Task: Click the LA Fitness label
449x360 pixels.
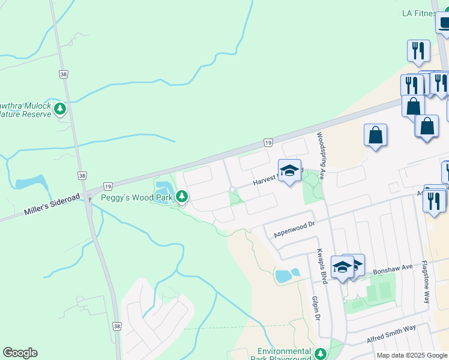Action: pos(419,13)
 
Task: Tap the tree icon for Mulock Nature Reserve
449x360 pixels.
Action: pos(59,109)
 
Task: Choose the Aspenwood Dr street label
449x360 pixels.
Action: pos(294,229)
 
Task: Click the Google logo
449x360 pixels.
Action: pos(20,353)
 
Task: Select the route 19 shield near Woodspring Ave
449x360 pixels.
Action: pos(268,142)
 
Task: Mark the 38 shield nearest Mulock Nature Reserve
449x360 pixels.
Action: pos(64,74)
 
